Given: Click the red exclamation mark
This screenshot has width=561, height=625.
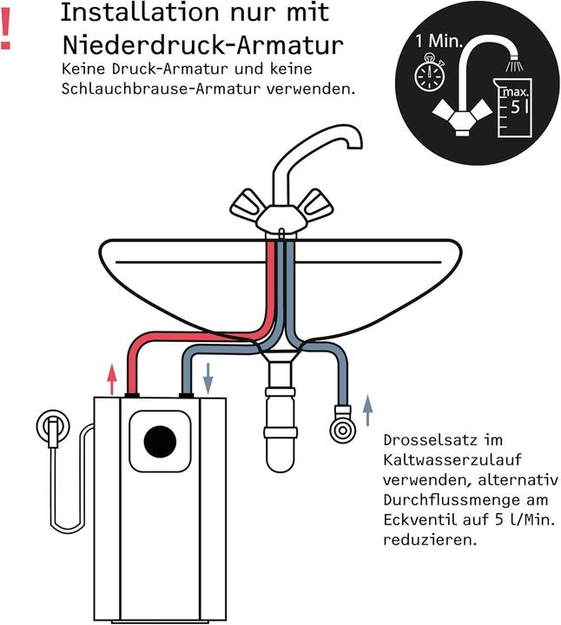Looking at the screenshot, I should [7, 32].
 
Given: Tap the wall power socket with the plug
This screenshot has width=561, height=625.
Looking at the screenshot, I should [54, 428].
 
